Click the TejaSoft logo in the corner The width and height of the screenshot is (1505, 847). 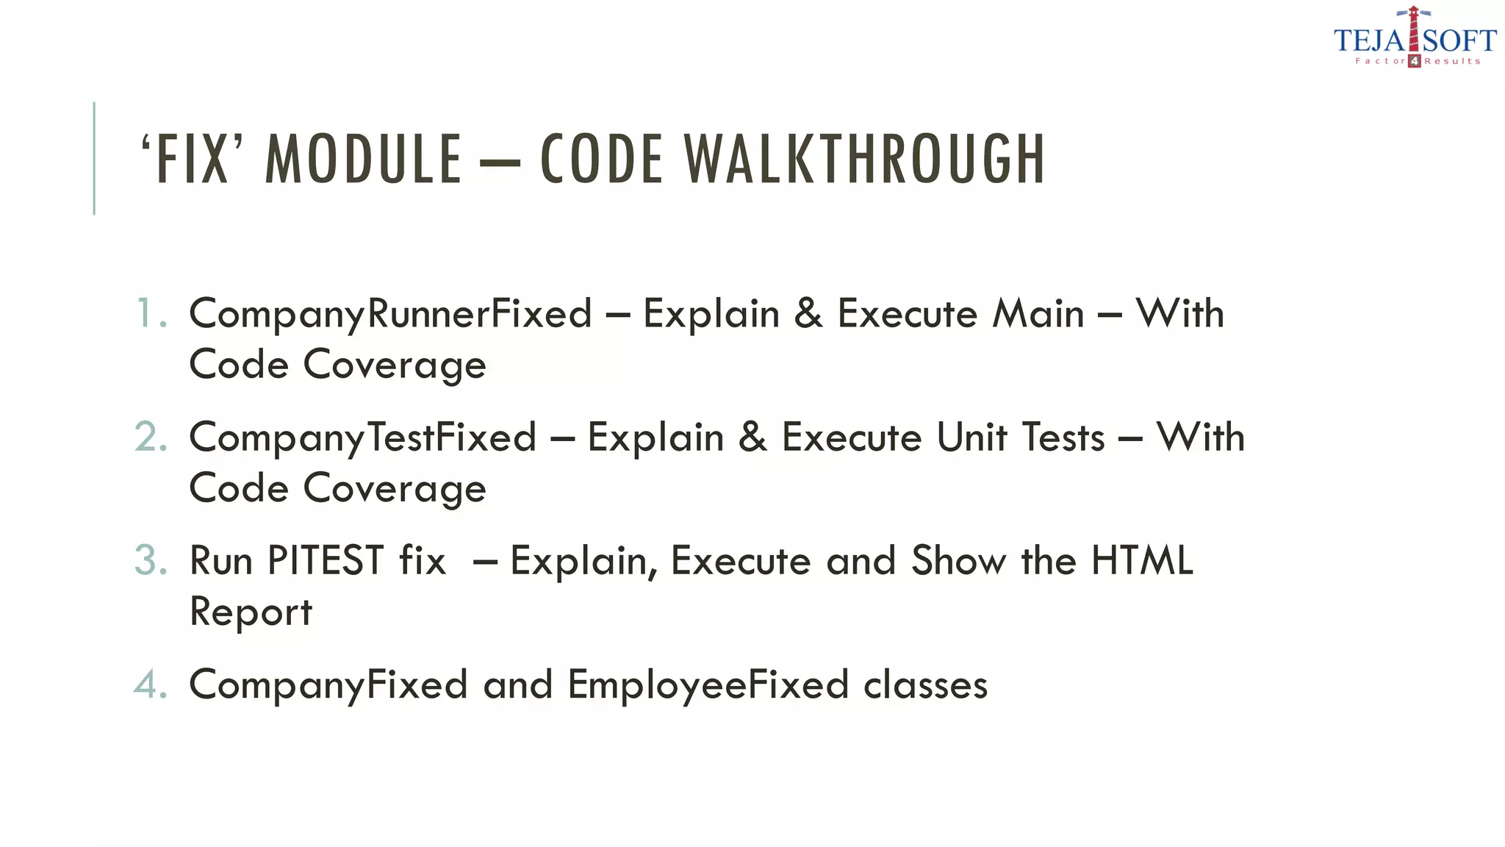1415,38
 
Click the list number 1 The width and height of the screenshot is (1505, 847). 149,313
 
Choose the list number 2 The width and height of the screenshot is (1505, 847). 151,437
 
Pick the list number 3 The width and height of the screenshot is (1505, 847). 151,560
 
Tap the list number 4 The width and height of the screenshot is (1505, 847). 151,685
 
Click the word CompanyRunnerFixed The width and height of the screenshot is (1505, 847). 390,315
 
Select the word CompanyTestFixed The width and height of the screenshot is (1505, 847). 362,438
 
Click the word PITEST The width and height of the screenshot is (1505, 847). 326,560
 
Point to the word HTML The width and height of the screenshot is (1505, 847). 1142,560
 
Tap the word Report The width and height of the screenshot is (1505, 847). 251,612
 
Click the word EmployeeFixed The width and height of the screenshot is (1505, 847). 708,685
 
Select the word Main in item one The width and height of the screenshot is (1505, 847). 1038,314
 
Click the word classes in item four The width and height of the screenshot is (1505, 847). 925,685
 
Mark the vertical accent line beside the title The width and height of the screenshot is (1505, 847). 94,158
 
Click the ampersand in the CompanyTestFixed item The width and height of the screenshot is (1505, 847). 752,437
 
